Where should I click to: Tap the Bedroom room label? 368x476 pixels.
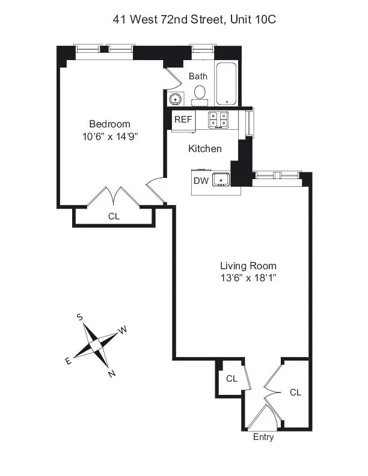(106, 124)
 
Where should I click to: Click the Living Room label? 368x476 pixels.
(248, 266)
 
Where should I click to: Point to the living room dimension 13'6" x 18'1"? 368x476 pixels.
(248, 278)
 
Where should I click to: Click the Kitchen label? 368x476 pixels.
(205, 148)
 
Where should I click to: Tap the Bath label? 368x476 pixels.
(198, 76)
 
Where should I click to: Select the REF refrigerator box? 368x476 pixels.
(183, 120)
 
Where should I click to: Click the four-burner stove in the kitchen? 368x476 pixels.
(218, 119)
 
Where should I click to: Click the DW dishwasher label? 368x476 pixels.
(200, 180)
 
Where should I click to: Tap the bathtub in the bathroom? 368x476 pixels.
(227, 84)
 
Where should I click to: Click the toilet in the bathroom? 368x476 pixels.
(200, 94)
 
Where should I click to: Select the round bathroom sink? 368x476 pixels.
(176, 99)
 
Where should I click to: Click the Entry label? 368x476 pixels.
(263, 437)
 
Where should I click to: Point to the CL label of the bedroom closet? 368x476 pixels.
(114, 216)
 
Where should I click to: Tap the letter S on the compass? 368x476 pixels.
(79, 317)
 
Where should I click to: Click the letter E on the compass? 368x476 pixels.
(68, 360)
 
